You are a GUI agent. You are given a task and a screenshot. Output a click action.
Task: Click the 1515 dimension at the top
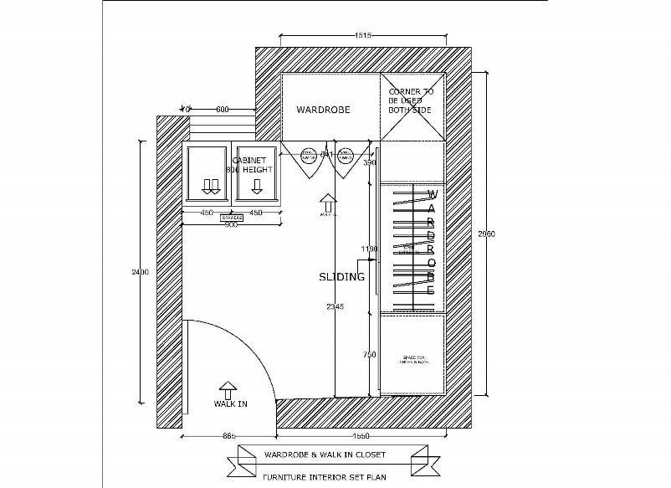coord(362,35)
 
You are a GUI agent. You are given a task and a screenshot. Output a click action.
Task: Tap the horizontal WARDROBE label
coord(323,110)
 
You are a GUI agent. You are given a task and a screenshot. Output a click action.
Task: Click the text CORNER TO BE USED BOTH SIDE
coord(411,100)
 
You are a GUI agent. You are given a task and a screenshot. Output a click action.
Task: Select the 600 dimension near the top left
coord(223,110)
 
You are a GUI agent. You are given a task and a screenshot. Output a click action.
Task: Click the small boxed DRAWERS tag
coord(232,218)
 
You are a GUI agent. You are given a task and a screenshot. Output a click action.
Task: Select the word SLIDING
coord(341,277)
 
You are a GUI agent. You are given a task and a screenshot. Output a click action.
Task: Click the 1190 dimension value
coord(369,249)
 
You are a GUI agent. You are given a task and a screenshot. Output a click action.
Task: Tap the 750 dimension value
coord(369,354)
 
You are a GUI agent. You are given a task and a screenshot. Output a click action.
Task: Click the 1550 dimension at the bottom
coord(361,436)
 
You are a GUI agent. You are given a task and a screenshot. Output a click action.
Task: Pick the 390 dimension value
coord(370,162)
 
